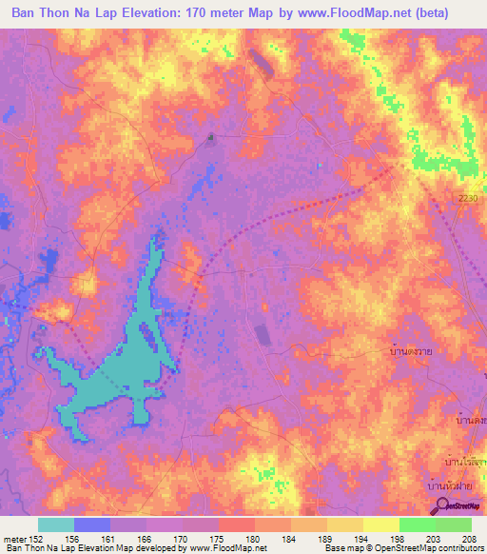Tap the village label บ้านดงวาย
[412, 349]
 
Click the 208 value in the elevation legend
[466, 538]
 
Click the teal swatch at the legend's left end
[56, 524]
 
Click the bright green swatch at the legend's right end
[453, 524]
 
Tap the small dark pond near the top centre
[210, 140]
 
